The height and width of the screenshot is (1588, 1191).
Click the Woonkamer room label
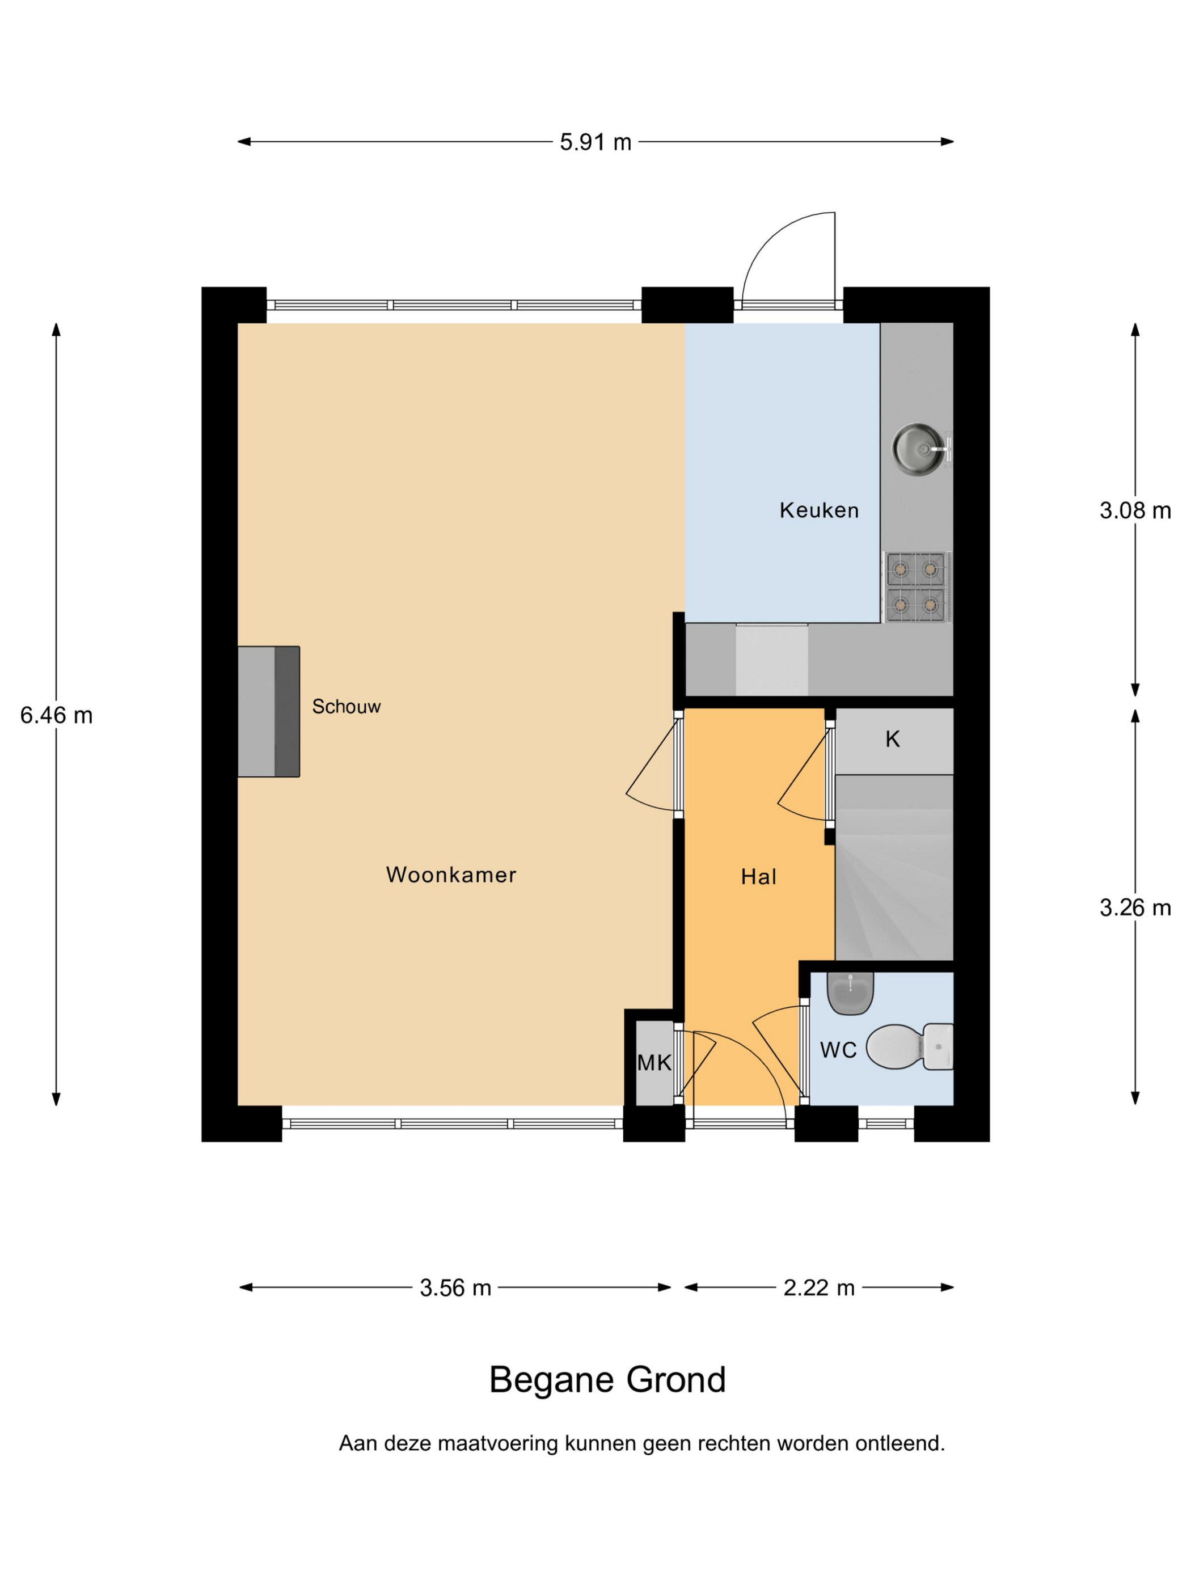tap(451, 875)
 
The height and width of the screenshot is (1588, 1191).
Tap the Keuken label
tap(819, 510)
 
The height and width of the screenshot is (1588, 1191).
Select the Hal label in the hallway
tap(759, 877)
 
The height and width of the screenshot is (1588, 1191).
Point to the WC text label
tap(838, 1050)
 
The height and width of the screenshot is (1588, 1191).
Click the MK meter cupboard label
tap(654, 1062)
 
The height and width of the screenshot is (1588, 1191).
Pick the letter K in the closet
tap(892, 740)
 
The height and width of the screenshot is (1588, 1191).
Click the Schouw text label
tap(346, 707)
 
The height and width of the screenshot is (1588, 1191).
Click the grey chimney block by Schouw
tap(268, 711)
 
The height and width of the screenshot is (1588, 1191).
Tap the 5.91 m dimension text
tap(595, 142)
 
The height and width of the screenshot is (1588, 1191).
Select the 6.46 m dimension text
tap(56, 715)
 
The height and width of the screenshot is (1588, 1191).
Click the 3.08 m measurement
tap(1135, 510)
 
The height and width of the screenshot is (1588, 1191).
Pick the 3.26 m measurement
tap(1135, 908)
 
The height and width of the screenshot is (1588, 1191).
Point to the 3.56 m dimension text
tap(455, 1287)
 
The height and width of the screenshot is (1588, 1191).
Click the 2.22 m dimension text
tap(819, 1287)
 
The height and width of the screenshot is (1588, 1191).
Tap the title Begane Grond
tap(607, 1380)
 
